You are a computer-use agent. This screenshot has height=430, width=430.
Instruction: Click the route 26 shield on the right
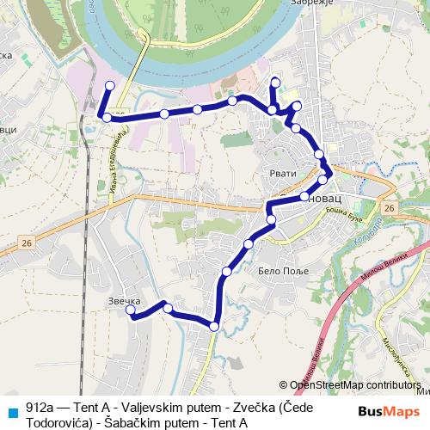(390, 209)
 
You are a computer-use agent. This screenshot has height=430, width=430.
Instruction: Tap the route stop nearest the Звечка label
(132, 314)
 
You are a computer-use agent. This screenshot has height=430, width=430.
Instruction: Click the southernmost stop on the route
(213, 325)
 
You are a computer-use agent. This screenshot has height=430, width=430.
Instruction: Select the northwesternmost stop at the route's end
(109, 84)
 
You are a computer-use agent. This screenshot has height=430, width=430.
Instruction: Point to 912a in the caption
(39, 407)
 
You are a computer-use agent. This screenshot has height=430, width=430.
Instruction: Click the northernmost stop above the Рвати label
(275, 83)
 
